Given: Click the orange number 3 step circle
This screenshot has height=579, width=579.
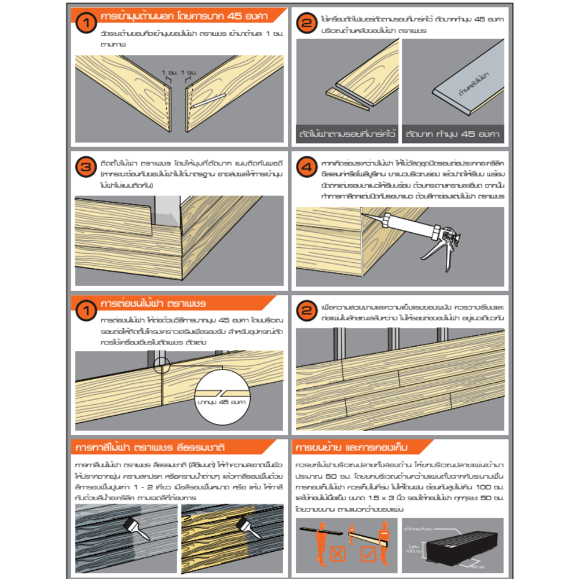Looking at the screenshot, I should click(85, 168).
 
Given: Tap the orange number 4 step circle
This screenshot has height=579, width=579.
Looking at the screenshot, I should click(305, 168).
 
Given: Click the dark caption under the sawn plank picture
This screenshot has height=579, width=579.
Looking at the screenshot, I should click(346, 134).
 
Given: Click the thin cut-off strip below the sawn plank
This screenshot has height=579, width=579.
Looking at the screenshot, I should click(347, 98).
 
